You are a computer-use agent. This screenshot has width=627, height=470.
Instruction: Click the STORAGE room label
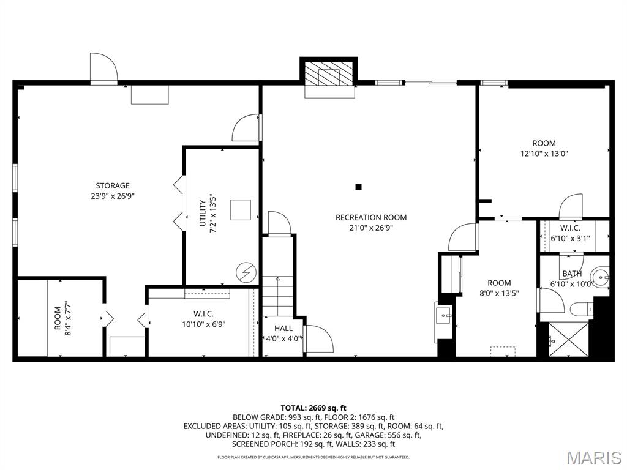coord(113,185)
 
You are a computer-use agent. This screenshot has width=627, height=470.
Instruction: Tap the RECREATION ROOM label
coord(371,217)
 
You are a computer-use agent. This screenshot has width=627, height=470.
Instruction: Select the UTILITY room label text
coord(203,213)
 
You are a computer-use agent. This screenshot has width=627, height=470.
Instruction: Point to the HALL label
coord(283,329)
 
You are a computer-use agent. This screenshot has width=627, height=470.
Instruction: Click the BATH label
coord(573,274)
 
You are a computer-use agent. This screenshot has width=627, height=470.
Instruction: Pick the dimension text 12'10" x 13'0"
coord(544,154)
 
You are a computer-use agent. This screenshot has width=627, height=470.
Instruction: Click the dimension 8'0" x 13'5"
coord(500,293)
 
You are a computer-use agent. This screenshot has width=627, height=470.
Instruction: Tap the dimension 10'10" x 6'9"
coord(203,324)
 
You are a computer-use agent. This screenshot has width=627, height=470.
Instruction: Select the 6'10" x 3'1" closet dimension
coord(570,239)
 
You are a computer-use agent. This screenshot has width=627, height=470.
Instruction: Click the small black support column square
coord(359,187)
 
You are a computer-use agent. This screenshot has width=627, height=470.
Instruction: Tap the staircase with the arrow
coord(277,296)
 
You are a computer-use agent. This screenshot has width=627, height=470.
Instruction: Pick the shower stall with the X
coord(568,340)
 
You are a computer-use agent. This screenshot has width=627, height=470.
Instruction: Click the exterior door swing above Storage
coord(103,68)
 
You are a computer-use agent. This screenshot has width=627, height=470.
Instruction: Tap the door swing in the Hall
coord(318,339)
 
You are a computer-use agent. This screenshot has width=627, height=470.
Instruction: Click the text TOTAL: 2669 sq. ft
coord(313,408)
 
